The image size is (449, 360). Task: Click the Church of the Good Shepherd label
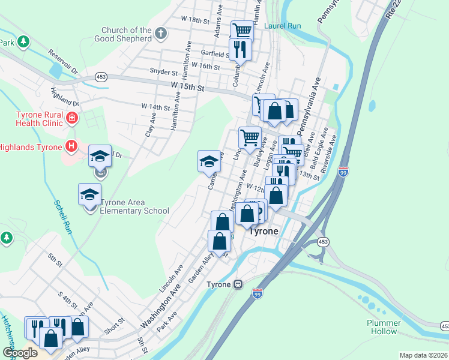pyautogui.click(x=126, y=34)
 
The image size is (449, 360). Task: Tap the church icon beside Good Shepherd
pyautogui.click(x=160, y=34)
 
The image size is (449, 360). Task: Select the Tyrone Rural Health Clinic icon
pyautogui.click(x=72, y=118)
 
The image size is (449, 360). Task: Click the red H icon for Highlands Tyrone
pyautogui.click(x=71, y=146)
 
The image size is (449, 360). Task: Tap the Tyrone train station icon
pyautogui.click(x=238, y=284)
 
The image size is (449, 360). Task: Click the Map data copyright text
pyautogui.click(x=423, y=355)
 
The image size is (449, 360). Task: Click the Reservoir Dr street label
pyautogui.click(x=64, y=62)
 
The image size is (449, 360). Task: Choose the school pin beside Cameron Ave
pyautogui.click(x=209, y=161)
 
